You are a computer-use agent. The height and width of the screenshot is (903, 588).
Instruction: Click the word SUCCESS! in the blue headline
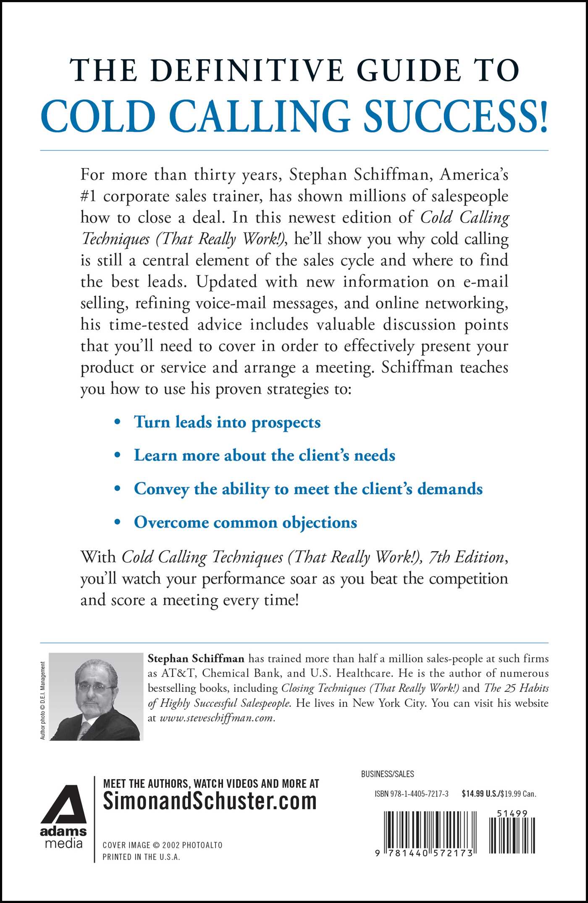point(455,116)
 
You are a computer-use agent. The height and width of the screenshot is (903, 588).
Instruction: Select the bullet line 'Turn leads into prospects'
point(227,422)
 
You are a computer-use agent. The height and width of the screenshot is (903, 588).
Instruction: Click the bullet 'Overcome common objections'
point(245,522)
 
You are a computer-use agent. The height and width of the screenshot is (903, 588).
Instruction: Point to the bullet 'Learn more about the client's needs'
point(264,455)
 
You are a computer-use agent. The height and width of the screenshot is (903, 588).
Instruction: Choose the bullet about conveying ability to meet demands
point(308,489)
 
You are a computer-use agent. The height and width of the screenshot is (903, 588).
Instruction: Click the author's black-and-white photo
point(96,696)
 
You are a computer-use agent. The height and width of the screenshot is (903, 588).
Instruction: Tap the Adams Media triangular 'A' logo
point(64,804)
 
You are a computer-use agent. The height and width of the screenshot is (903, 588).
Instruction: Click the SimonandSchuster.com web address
point(210,801)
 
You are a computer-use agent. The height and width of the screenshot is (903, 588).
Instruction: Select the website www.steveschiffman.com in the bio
point(217,718)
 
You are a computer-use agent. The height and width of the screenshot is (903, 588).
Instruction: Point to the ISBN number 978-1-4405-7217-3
point(412,794)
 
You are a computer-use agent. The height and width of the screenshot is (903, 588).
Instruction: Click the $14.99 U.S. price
point(479,794)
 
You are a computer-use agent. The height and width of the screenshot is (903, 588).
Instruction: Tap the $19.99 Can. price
point(518,794)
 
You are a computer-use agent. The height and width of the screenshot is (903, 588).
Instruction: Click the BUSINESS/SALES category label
point(387,774)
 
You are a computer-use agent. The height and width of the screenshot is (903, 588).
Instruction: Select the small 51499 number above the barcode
point(512,814)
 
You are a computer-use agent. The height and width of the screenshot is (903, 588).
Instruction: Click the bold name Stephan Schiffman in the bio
point(196,658)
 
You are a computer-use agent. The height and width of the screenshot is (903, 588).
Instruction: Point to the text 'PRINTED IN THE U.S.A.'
point(141,857)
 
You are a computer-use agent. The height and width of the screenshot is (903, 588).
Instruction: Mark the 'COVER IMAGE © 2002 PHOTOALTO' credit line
point(163,845)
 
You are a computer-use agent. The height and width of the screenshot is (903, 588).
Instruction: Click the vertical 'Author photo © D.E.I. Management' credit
point(42,700)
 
